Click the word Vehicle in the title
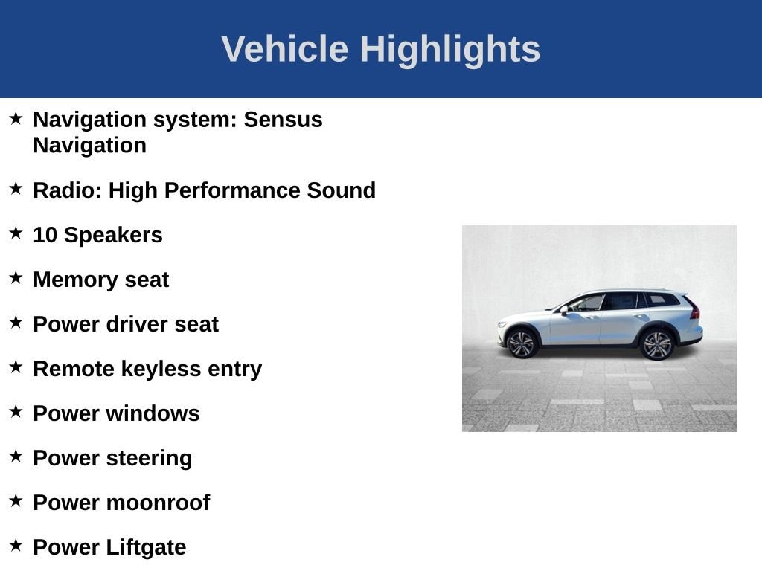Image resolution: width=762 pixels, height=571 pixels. point(285,48)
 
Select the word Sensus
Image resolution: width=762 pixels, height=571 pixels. point(283,120)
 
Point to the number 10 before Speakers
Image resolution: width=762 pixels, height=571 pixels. point(45,235)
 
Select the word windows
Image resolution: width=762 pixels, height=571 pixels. point(153,413)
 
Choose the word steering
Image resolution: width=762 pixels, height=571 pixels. point(149,459)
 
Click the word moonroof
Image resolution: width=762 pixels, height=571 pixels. point(158,503)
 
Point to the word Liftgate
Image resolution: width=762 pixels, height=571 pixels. point(146,548)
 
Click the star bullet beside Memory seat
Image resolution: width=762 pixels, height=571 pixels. point(16,277)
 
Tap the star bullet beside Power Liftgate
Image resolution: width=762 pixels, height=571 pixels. point(16,545)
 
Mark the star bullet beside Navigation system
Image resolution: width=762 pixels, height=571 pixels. point(16,117)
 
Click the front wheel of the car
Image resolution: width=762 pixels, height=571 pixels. point(522,343)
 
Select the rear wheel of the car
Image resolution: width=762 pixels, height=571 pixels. point(656,345)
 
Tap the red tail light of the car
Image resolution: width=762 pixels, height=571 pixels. point(694,309)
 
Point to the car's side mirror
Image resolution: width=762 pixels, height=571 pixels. point(564,310)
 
